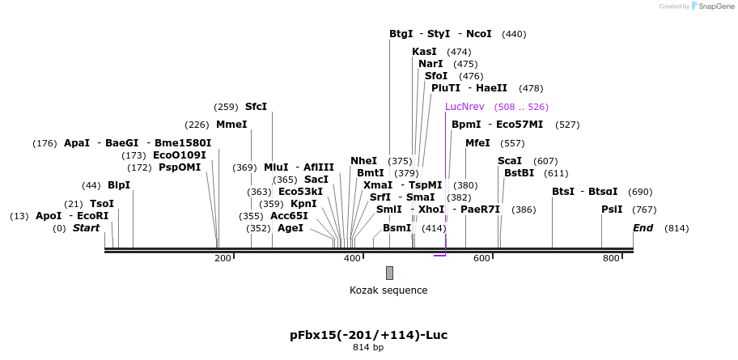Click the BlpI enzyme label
pyautogui.click(x=119, y=185)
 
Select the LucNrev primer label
pyautogui.click(x=464, y=107)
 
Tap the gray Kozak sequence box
pyautogui.click(x=389, y=273)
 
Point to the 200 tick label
pyautogui.click(x=223, y=258)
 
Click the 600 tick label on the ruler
pyautogui.click(x=481, y=258)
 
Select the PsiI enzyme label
pyautogui.click(x=612, y=210)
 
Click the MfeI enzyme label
pyautogui.click(x=477, y=143)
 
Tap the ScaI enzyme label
pyautogui.click(x=510, y=161)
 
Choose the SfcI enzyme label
pyautogui.click(x=256, y=107)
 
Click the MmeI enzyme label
pyautogui.click(x=231, y=125)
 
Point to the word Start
pyautogui.click(x=86, y=228)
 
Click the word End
pyautogui.click(x=643, y=228)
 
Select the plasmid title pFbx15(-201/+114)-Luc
pyautogui.click(x=368, y=335)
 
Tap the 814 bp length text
pyautogui.click(x=368, y=348)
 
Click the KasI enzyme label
pyautogui.click(x=424, y=52)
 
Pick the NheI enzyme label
pyautogui.click(x=363, y=161)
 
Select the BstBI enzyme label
pyautogui.click(x=519, y=173)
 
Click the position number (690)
pyautogui.click(x=640, y=192)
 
